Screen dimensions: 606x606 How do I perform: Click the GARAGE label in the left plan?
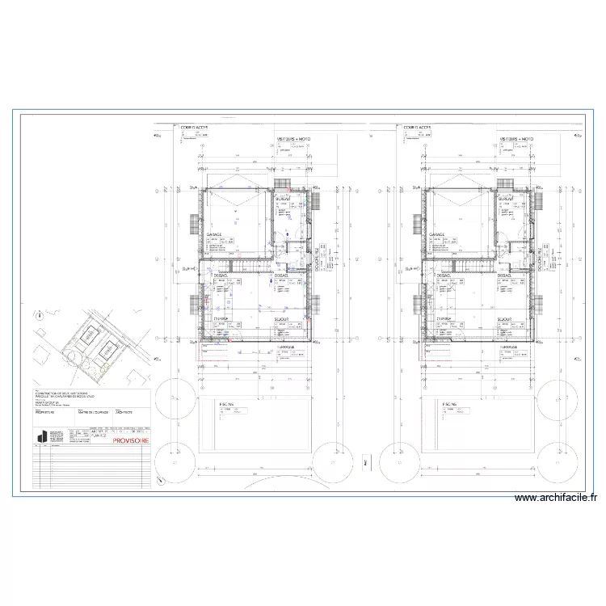(x=213, y=235)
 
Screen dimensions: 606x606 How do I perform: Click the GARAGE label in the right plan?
(x=439, y=235)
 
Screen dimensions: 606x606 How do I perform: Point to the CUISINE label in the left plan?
(x=219, y=319)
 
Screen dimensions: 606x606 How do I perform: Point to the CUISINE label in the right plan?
(x=444, y=319)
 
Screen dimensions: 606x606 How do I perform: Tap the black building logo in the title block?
(x=41, y=437)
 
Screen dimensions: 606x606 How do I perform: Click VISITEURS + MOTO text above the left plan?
(x=293, y=139)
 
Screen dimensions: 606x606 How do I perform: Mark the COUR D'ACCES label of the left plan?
(x=194, y=127)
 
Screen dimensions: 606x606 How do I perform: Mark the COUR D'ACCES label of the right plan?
(x=419, y=127)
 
